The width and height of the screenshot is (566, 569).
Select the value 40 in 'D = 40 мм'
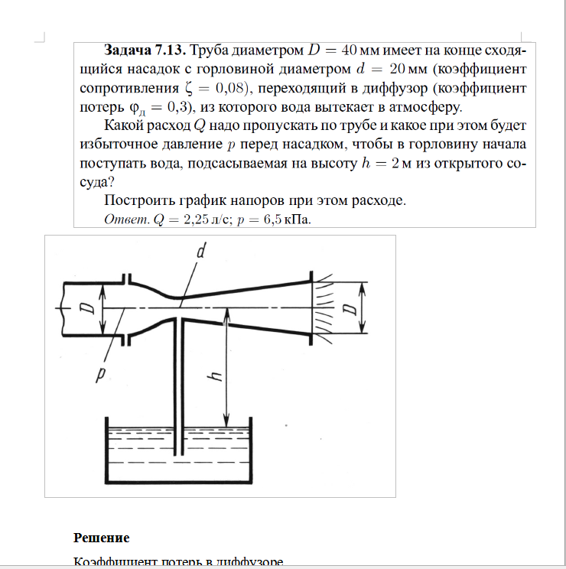pyautogui.click(x=349, y=51)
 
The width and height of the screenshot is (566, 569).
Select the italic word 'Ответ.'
pyautogui.click(x=126, y=219)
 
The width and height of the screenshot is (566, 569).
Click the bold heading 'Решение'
pyautogui.click(x=101, y=537)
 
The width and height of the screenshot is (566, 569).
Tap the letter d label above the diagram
pyautogui.click(x=201, y=250)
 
